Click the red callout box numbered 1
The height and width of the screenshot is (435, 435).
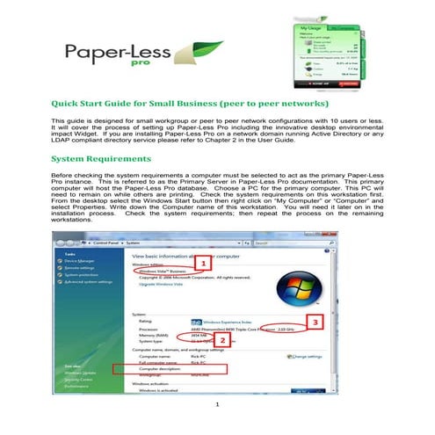[x=204, y=263]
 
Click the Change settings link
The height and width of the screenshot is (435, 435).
[x=303, y=357]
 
